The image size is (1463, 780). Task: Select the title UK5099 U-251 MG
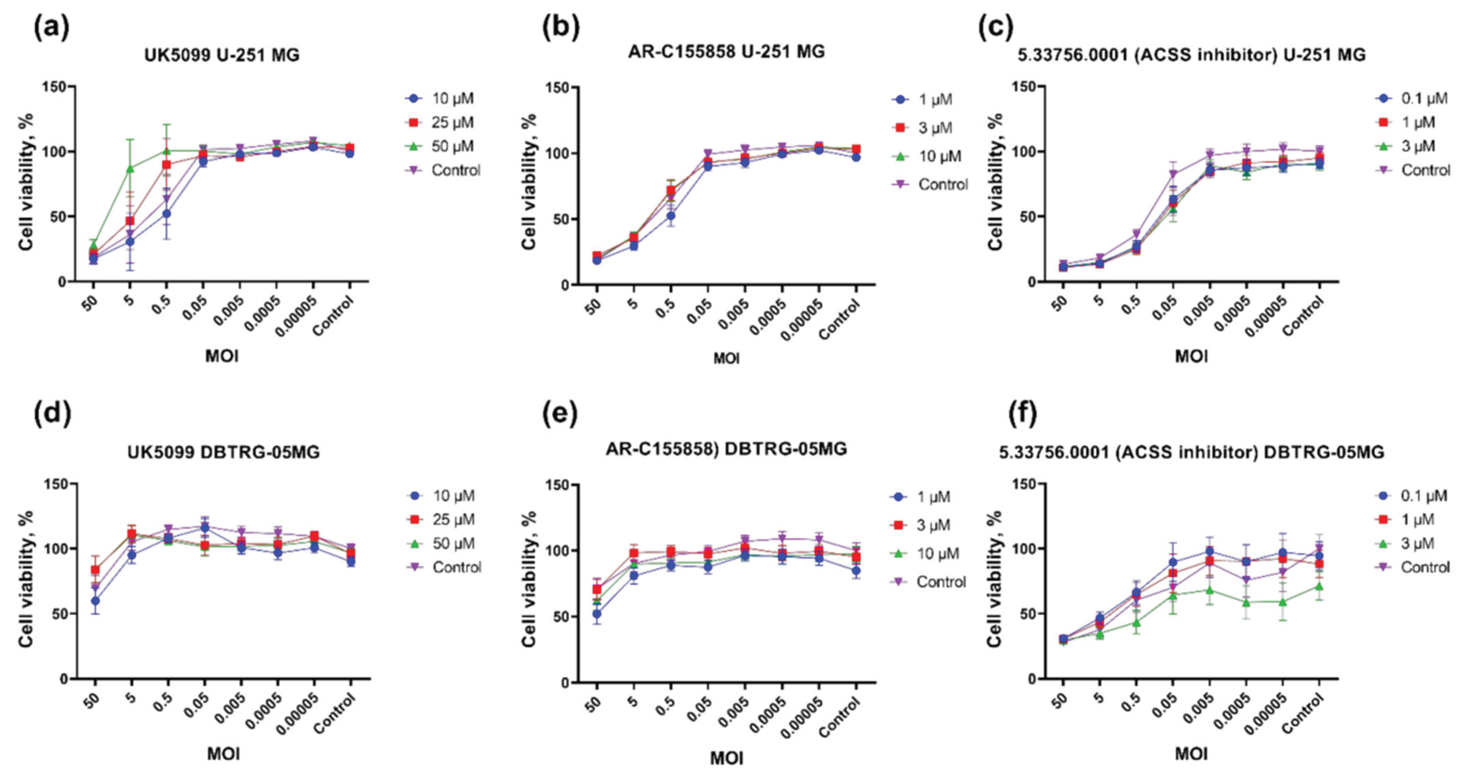[x=221, y=55]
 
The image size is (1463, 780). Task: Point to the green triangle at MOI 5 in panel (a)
[x=130, y=169]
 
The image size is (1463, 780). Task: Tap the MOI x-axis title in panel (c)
[x=1191, y=356]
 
